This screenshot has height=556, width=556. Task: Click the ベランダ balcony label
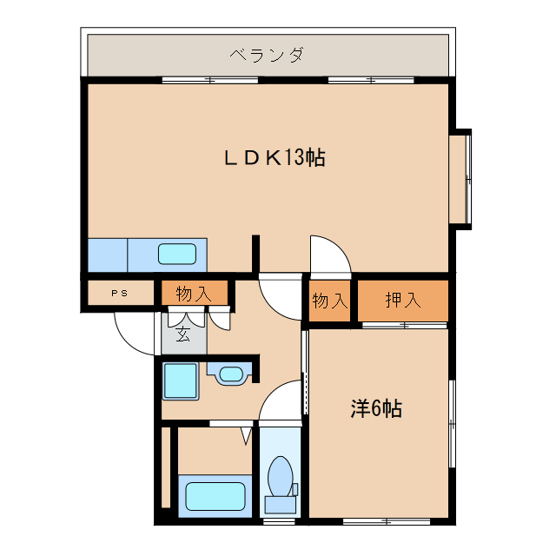(267, 56)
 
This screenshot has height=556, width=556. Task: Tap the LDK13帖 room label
(274, 158)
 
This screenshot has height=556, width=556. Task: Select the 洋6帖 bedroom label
(376, 408)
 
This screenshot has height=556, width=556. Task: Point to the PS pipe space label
(119, 293)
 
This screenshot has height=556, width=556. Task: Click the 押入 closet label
(403, 301)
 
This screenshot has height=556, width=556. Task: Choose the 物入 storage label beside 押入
(329, 301)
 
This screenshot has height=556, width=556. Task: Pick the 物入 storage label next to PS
(194, 294)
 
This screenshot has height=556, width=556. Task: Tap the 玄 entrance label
(183, 334)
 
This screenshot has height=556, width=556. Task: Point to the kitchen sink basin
(177, 255)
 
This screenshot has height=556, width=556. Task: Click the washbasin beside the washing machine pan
(230, 374)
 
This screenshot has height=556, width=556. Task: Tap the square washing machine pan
(181, 380)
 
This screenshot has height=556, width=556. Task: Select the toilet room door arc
(280, 401)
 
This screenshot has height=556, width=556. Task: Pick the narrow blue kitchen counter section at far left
(108, 255)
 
